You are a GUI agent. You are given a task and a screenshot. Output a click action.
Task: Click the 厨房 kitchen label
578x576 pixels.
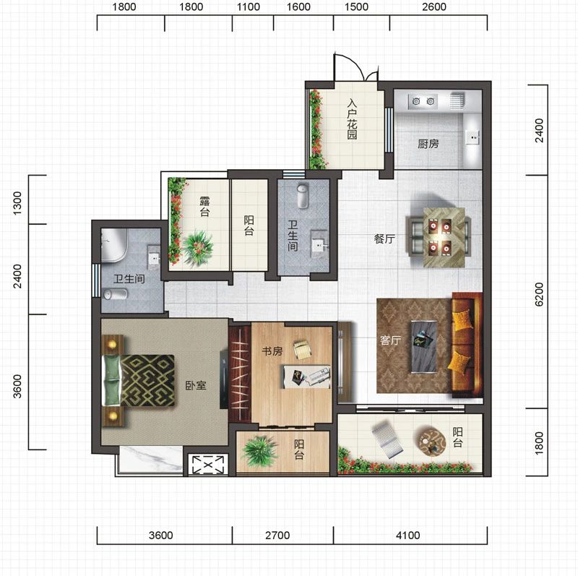pyautogui.click(x=428, y=143)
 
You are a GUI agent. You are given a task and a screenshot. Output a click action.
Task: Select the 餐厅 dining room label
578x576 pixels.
pyautogui.click(x=384, y=238)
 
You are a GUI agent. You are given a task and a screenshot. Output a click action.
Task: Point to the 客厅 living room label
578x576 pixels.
pyautogui.click(x=390, y=340)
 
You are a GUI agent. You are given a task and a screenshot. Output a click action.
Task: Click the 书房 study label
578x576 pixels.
pyautogui.click(x=272, y=351)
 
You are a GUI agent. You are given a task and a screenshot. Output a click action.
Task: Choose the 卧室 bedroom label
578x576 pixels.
pyautogui.click(x=195, y=385)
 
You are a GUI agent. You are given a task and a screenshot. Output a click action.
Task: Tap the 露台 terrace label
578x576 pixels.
pyautogui.click(x=204, y=207)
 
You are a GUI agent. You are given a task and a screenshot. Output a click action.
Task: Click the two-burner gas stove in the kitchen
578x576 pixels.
pyautogui.click(x=423, y=100)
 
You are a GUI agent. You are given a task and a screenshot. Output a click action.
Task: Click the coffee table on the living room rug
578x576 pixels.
pyautogui.click(x=424, y=347)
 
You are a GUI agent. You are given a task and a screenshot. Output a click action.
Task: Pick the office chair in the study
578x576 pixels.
pyautogui.click(x=303, y=349)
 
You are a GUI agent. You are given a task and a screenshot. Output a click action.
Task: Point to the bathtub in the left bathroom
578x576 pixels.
pyautogui.click(x=114, y=245)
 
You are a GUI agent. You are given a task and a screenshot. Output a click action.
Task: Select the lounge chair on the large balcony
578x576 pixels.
pyautogui.click(x=387, y=440)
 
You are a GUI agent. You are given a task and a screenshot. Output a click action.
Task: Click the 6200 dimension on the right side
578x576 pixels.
pyautogui.click(x=538, y=294)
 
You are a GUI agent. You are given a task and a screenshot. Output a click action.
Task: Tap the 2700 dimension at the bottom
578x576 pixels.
pyautogui.click(x=277, y=535)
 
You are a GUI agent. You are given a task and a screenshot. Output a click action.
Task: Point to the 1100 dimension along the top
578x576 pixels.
pyautogui.click(x=248, y=7)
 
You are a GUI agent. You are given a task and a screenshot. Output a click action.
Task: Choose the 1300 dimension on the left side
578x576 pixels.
pyautogui.click(x=17, y=203)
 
